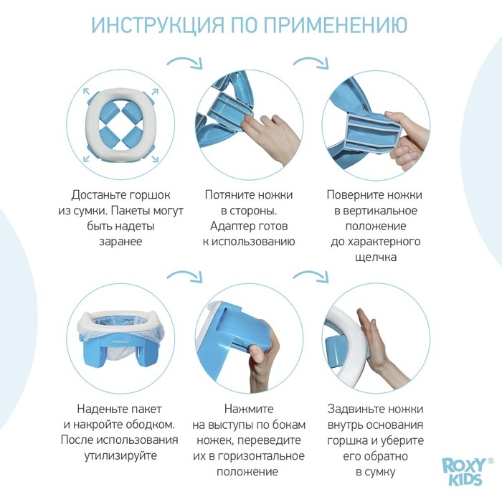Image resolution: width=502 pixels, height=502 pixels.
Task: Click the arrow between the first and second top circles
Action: pyautogui.click(x=184, y=60)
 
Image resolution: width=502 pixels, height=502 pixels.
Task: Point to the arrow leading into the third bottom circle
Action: pyautogui.click(x=310, y=275)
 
